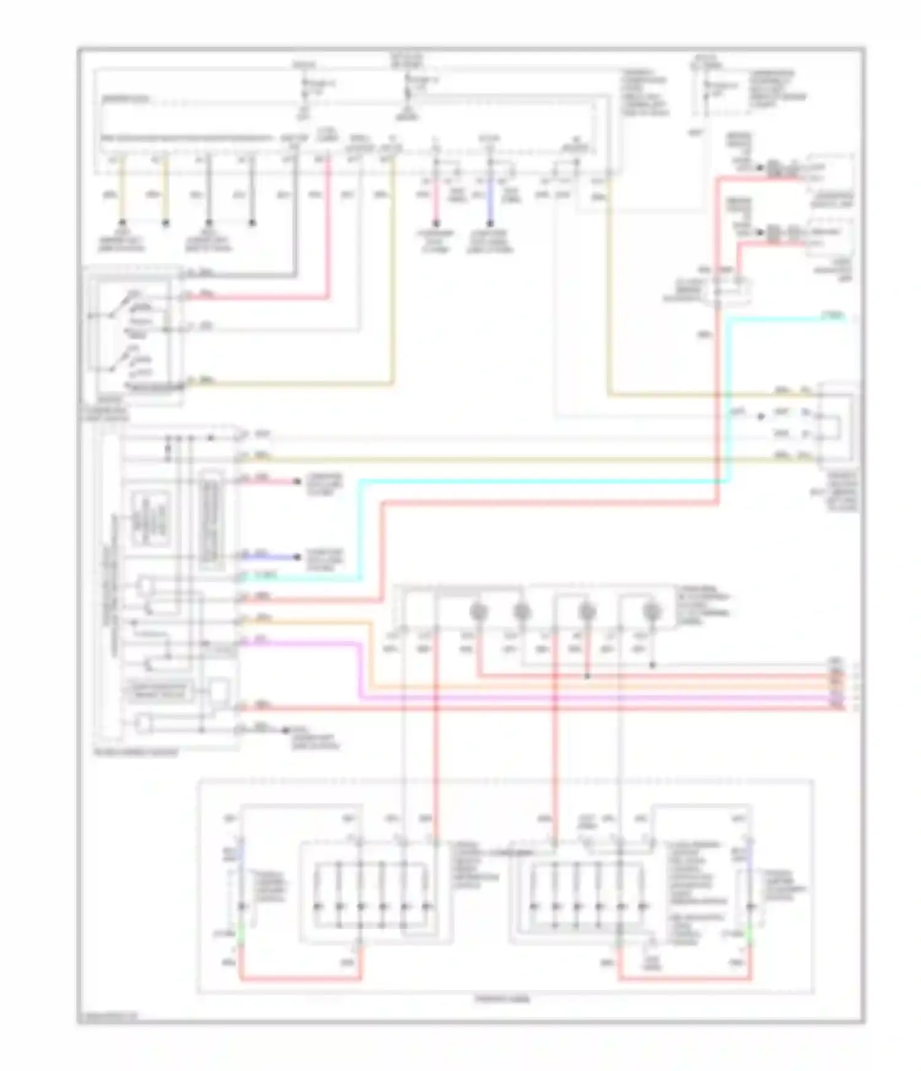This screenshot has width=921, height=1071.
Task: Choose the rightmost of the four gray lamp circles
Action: pyautogui.click(x=652, y=611)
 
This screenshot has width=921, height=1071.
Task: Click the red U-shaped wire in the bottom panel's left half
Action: pyautogui.click(x=301, y=979)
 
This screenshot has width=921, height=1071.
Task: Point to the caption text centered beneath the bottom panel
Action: pyautogui.click(x=502, y=999)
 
